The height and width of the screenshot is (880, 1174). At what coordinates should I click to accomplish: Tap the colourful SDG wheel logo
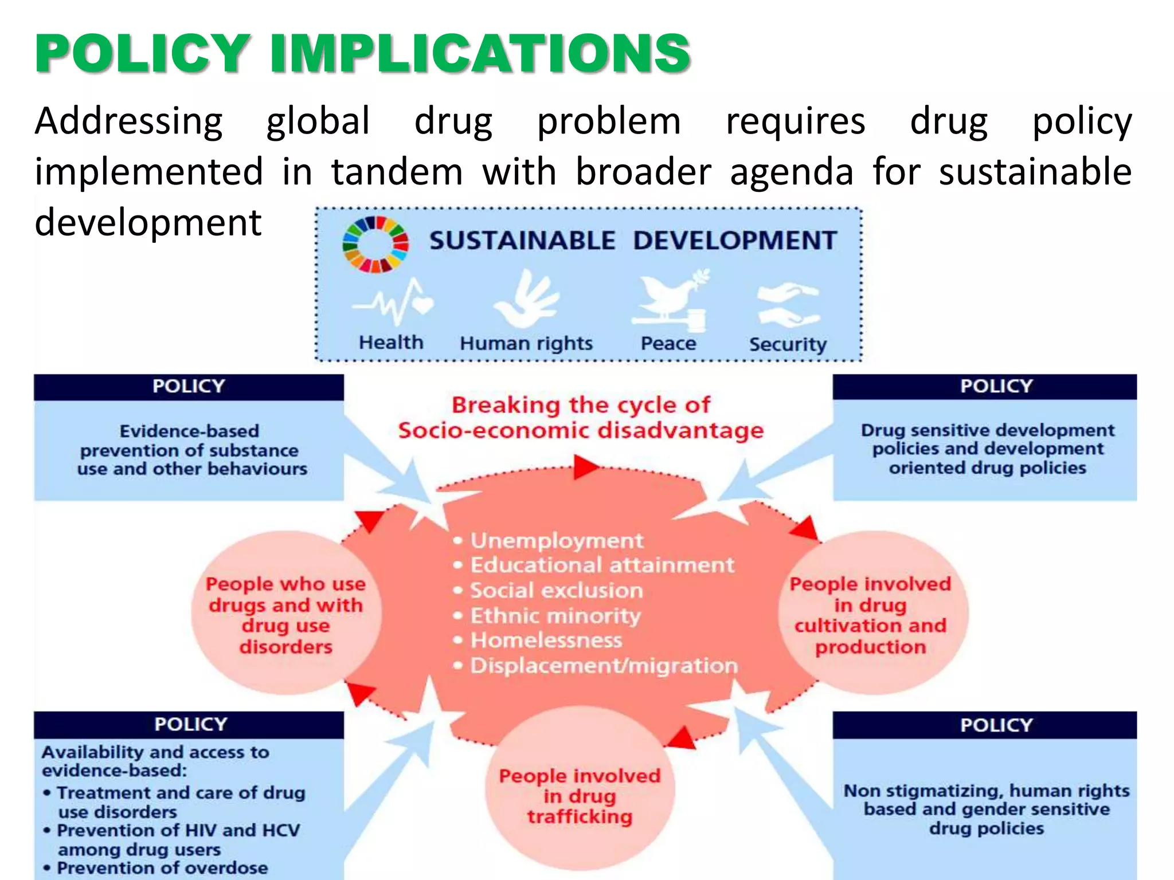[x=375, y=244]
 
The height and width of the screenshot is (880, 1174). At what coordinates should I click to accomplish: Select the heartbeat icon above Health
[x=393, y=302]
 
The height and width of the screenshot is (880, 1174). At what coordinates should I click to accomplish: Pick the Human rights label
[x=526, y=343]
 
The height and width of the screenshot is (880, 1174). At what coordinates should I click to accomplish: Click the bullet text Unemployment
[x=557, y=540]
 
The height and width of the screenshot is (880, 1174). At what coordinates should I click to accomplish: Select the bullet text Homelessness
[x=546, y=640]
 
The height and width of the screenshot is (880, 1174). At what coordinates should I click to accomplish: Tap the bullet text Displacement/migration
[x=604, y=666]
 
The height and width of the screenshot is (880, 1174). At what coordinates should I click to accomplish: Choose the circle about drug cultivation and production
[x=870, y=615]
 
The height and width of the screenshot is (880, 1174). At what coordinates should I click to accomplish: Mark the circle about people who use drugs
[x=285, y=615]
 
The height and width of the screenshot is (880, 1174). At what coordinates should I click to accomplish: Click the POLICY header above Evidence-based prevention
[x=189, y=386]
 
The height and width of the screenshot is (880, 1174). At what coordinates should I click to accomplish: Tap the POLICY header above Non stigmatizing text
[x=996, y=725]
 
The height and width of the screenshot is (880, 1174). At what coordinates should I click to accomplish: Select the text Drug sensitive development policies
[x=987, y=449]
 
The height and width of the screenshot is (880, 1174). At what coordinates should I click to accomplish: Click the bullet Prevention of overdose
[x=162, y=867]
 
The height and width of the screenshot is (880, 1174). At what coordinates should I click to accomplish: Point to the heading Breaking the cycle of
[x=581, y=405]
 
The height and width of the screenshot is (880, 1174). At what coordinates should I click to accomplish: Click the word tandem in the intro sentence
[x=397, y=172]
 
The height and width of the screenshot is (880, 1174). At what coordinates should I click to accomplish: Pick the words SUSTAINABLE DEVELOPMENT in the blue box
[x=633, y=240]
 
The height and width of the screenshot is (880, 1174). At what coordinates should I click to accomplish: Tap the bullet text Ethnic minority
[x=555, y=615]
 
